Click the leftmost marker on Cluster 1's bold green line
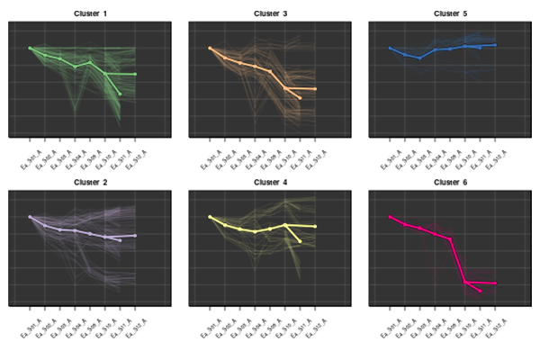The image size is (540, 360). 30,48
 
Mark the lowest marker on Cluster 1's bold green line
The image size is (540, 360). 120,94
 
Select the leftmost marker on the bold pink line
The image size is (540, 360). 390,217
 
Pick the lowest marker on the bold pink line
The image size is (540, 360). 480,292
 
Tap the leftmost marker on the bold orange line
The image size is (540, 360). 210,48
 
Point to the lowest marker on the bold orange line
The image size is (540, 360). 300,97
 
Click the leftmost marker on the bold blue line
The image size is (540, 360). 390,48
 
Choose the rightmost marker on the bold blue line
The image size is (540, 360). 495,44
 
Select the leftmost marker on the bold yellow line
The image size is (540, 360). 210,217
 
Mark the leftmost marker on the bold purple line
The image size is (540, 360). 30,217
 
